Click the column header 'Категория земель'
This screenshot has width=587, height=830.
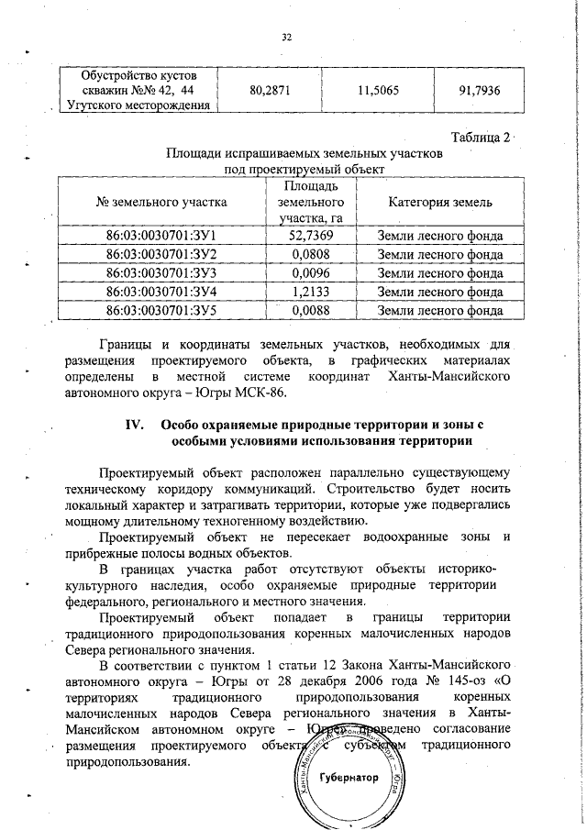pyautogui.click(x=440, y=202)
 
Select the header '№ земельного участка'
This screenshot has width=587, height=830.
pyautogui.click(x=161, y=202)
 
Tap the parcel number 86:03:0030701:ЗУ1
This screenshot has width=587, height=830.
pyautogui.click(x=161, y=236)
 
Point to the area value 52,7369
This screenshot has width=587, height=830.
pyautogui.click(x=310, y=236)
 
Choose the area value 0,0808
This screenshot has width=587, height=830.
pyautogui.click(x=310, y=254)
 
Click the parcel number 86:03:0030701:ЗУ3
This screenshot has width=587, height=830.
pyautogui.click(x=161, y=272)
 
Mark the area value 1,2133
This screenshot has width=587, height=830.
pyautogui.click(x=310, y=292)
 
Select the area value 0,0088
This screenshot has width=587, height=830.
pyautogui.click(x=310, y=310)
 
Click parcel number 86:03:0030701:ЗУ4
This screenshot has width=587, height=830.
pyautogui.click(x=161, y=292)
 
